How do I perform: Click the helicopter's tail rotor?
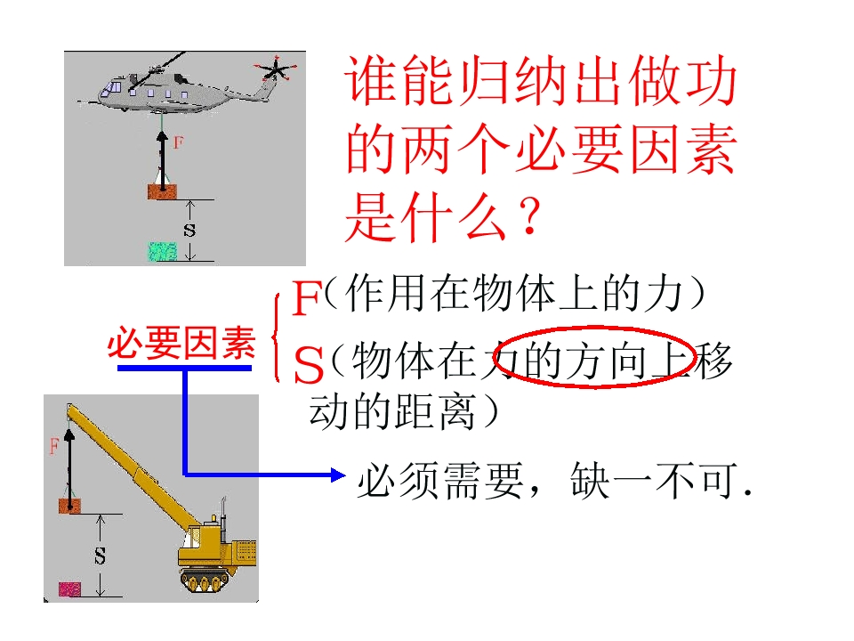(276, 69)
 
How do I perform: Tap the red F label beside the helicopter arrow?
(178, 142)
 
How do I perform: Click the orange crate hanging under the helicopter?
(162, 191)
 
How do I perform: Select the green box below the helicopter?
(163, 251)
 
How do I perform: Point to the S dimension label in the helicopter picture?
(189, 230)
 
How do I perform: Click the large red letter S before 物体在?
(309, 365)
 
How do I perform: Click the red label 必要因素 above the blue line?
(181, 344)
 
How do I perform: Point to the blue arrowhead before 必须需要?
(338, 475)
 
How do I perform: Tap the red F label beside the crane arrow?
(53, 446)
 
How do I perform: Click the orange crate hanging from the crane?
(69, 506)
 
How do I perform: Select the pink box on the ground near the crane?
(69, 589)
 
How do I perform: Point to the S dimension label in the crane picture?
(100, 556)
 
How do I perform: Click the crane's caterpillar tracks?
(207, 580)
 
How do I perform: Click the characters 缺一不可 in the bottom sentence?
(654, 481)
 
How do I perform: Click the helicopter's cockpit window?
(115, 87)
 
